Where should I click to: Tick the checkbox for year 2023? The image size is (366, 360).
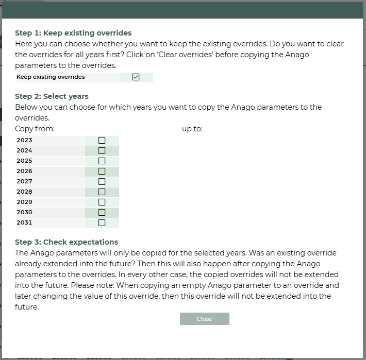coord(102,140)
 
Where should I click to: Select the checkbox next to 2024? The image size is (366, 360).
coord(102,150)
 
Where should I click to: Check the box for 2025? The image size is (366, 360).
coord(102,161)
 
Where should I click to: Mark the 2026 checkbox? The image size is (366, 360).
coord(102,171)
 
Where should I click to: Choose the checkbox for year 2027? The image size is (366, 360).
coord(102,181)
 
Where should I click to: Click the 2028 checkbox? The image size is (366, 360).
coord(102,192)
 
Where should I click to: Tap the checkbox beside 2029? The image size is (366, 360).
coord(102,202)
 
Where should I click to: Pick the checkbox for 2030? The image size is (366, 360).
coord(102,212)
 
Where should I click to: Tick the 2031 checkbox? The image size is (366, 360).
coord(102,222)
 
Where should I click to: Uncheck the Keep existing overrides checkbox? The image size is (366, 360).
coord(136,77)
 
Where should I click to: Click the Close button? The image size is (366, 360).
coord(204,319)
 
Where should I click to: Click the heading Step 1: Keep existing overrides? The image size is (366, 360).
coord(73,33)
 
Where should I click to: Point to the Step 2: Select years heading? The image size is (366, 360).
coord(52,96)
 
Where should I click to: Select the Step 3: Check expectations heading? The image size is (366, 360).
coord(66,242)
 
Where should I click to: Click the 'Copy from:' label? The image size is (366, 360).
coord(35,129)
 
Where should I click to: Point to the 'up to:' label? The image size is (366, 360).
coord(192,129)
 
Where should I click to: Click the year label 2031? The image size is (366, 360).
coord(24,222)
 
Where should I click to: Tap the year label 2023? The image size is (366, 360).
coord(24,140)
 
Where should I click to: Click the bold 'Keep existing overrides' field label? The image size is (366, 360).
coord(51,77)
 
